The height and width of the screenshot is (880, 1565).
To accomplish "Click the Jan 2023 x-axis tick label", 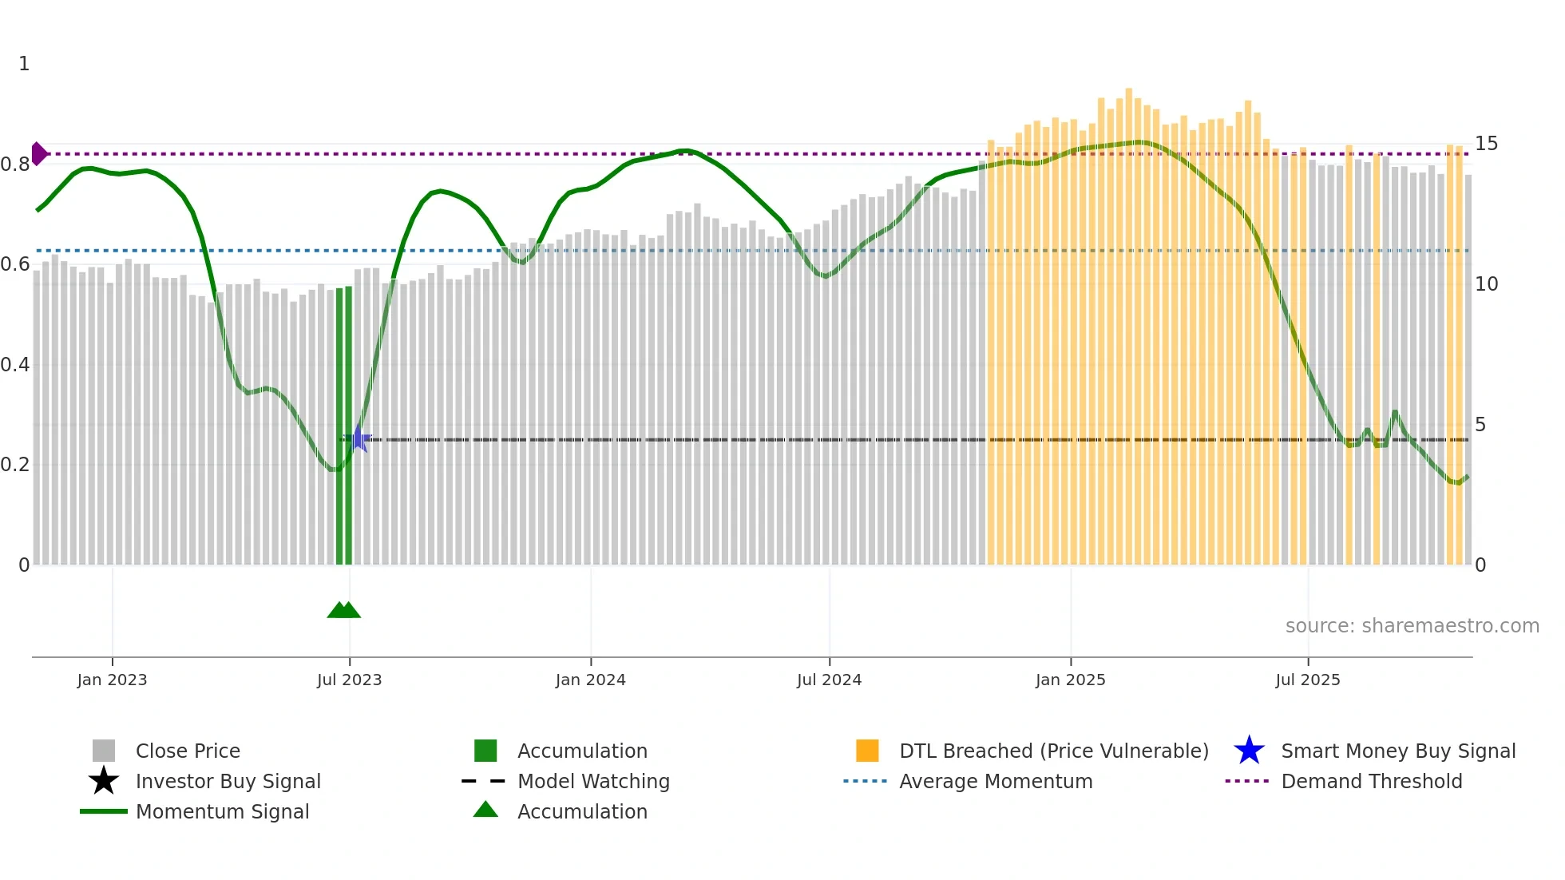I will point(112,680).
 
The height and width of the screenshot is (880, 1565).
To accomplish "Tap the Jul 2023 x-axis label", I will point(349,680).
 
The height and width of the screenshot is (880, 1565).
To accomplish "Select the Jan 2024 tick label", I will point(590,680).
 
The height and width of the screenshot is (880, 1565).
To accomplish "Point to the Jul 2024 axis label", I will point(829,680).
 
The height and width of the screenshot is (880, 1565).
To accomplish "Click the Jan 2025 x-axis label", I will point(1070,680).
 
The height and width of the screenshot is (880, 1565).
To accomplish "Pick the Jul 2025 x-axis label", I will point(1307,680).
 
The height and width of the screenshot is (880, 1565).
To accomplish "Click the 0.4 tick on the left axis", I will point(15,365).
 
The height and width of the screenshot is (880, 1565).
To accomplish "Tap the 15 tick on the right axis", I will point(1486,144).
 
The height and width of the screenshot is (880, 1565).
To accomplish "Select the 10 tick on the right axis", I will point(1486,284).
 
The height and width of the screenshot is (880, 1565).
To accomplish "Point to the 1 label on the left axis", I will point(24,64).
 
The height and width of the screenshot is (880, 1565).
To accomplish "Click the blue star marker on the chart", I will point(359,438).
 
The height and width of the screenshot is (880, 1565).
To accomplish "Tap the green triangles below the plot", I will point(344,610).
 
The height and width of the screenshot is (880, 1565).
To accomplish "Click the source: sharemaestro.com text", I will point(1412,626).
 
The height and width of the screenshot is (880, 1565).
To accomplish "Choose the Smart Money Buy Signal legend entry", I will point(1397,751).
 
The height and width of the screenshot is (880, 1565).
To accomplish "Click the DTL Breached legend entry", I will point(1053,751).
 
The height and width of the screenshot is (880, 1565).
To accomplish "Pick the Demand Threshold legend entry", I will point(1371,781).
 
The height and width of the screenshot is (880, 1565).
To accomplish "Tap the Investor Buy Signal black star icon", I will point(104,781).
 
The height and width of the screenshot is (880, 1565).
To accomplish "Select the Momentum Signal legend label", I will point(222,811).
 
